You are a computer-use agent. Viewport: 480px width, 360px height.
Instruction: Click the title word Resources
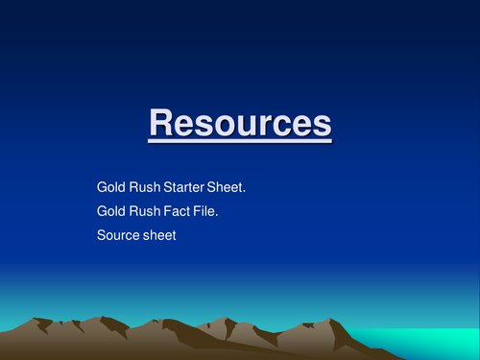click(x=240, y=124)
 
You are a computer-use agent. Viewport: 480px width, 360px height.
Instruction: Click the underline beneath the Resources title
click(x=240, y=142)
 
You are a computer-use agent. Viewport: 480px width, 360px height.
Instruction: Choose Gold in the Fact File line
click(x=109, y=208)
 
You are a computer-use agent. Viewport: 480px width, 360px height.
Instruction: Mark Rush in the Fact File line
click(x=141, y=208)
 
